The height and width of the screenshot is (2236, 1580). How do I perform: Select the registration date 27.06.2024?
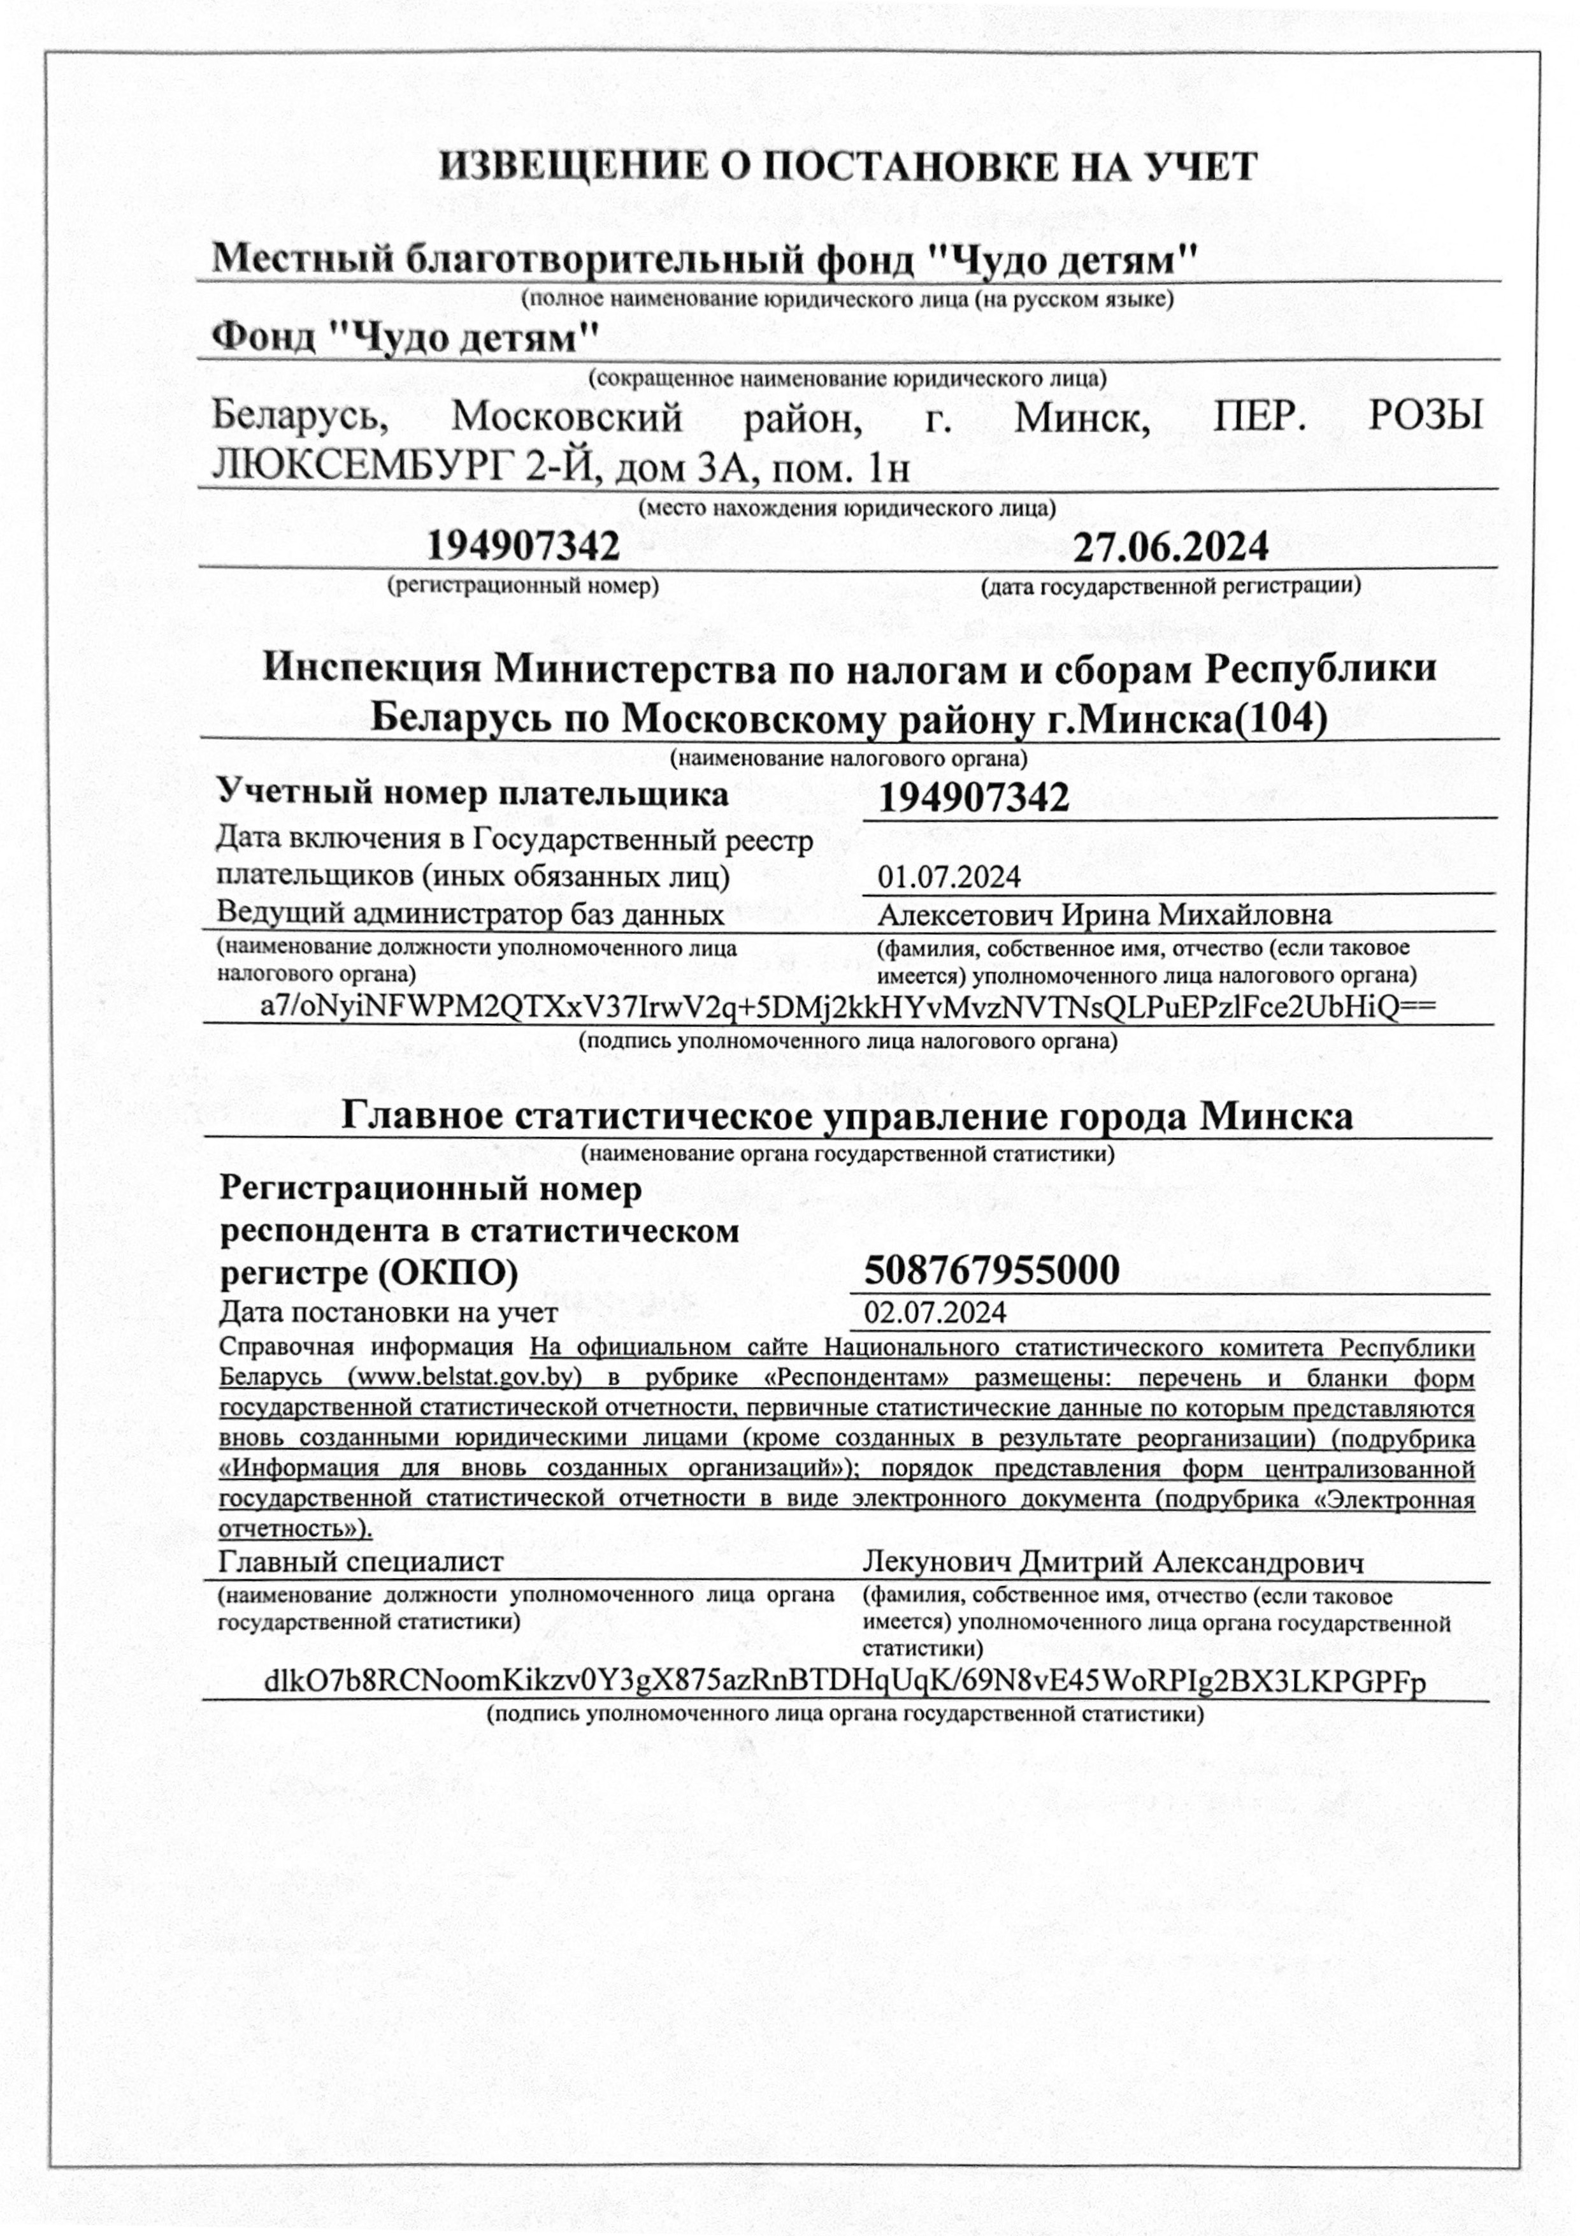[x=1170, y=548]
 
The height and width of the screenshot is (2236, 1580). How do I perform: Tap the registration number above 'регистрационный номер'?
[x=523, y=548]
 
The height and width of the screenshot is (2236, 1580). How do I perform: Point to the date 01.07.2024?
[x=949, y=878]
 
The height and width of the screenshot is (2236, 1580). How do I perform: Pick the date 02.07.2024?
[x=935, y=1313]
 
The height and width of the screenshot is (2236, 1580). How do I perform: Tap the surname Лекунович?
[x=937, y=1563]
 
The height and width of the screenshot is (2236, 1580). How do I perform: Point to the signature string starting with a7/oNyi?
[x=847, y=1007]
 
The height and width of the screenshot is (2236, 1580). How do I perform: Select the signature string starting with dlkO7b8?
[x=845, y=1683]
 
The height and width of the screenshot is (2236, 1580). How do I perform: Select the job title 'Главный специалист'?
[x=361, y=1562]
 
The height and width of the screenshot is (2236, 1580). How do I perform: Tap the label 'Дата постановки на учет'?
[x=387, y=1313]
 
